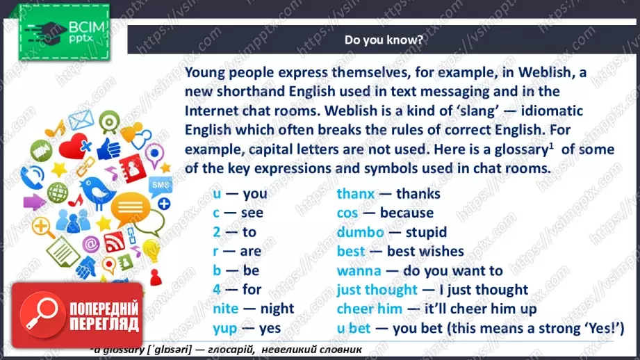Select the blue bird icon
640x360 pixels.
pyautogui.click(x=97, y=191)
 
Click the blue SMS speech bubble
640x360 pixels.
pyautogui.click(x=161, y=186)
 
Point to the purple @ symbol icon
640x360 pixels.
pyautogui.click(x=91, y=245)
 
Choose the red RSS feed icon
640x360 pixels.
pyautogui.click(x=115, y=242)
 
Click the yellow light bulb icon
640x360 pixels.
pyautogui.click(x=150, y=250)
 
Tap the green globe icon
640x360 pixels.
pyautogui.click(x=58, y=193)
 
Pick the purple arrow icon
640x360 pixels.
pyautogui.click(x=34, y=202)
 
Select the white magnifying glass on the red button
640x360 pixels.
pyautogui.click(x=40, y=314)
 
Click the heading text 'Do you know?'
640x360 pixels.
pyautogui.click(x=384, y=40)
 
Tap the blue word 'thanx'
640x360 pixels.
pyautogui.click(x=356, y=193)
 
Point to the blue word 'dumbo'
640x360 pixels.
pyautogui.click(x=361, y=232)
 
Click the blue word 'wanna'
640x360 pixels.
pyautogui.click(x=359, y=270)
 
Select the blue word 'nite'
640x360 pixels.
pyautogui.click(x=225, y=309)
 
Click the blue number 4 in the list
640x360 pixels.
pyautogui.click(x=217, y=289)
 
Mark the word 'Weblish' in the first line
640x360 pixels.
pyautogui.click(x=545, y=72)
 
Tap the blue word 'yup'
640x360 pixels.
pyautogui.click(x=225, y=329)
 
